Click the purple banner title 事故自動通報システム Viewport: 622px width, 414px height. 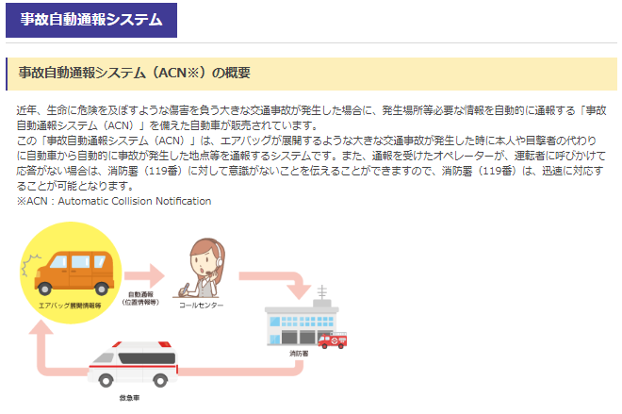91,20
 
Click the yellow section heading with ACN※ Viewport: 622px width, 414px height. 134,73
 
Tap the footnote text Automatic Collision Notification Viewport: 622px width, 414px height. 135,201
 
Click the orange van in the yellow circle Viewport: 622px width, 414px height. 74,273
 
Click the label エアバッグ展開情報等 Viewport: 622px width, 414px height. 70,306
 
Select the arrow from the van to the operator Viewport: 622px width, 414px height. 144,275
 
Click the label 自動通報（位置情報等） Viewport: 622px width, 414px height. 140,298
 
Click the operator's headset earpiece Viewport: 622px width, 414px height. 220,261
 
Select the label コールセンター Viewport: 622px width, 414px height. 201,305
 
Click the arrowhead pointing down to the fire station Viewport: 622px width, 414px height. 299,291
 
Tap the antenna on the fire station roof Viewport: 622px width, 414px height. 322,291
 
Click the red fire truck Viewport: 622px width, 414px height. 333,340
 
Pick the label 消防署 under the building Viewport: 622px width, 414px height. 299,354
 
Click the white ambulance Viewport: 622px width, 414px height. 133,364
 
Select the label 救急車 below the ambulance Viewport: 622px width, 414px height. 129,398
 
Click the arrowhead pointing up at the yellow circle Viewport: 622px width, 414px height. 41,327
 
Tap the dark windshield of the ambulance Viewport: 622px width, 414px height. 147,358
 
